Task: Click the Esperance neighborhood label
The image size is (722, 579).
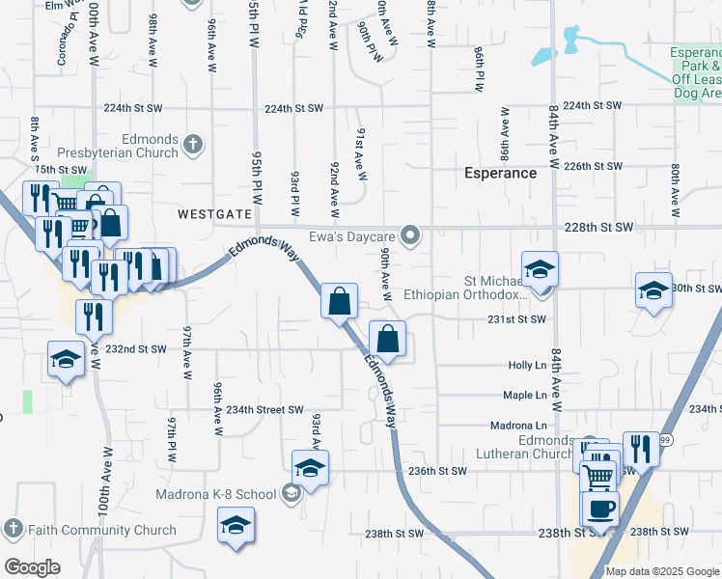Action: [x=500, y=174]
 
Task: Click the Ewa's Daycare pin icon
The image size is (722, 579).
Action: [x=411, y=235]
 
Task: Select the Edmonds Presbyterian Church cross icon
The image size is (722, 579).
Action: [x=192, y=145]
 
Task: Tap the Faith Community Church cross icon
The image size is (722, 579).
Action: [x=13, y=529]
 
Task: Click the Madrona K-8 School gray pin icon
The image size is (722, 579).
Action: [x=290, y=494]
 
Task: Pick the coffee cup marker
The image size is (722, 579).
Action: [x=598, y=508]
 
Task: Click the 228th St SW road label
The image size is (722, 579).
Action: [x=599, y=227]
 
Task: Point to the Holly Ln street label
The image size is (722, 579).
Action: [x=527, y=366]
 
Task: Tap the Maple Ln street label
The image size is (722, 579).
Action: [x=525, y=395]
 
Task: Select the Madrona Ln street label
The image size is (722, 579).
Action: [x=518, y=426]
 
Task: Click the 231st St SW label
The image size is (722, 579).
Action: [x=516, y=319]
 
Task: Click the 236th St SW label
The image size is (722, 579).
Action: [x=437, y=471]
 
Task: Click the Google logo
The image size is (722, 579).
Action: [x=32, y=567]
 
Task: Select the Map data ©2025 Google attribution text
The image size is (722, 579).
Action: [x=662, y=571]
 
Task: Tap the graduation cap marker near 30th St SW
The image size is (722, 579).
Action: [x=653, y=289]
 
